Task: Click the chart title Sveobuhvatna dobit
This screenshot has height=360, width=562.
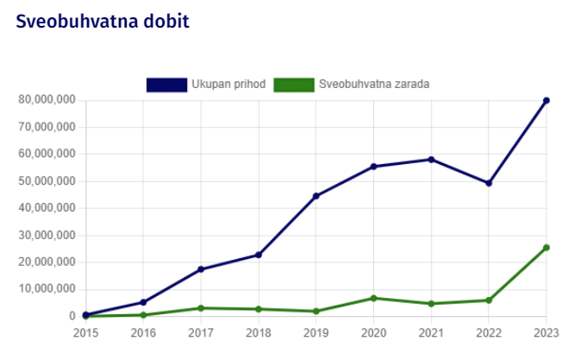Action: (102, 21)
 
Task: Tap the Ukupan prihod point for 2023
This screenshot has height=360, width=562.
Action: (546, 101)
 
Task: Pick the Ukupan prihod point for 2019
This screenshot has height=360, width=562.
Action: (316, 196)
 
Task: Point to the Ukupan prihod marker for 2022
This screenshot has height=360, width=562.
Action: (489, 183)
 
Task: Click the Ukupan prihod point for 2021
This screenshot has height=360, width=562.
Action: (431, 160)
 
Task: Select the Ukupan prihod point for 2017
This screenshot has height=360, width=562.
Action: (201, 269)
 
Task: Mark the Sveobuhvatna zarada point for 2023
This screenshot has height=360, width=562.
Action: (546, 248)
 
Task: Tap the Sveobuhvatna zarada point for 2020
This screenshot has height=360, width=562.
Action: (373, 298)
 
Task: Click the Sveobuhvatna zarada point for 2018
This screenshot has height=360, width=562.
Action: (259, 309)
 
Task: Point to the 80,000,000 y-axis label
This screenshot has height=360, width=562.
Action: (47, 100)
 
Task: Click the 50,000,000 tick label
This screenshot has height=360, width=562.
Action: (47, 181)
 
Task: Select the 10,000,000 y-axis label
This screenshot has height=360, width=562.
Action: (47, 289)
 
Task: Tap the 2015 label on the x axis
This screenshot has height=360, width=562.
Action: (85, 332)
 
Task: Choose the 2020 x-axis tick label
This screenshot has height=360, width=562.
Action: (373, 332)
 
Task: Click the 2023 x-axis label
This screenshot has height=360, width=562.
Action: (546, 332)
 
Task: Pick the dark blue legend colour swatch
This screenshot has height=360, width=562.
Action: (166, 84)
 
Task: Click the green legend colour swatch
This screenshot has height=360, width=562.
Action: (293, 84)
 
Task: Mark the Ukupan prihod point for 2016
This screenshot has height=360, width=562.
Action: (143, 302)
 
